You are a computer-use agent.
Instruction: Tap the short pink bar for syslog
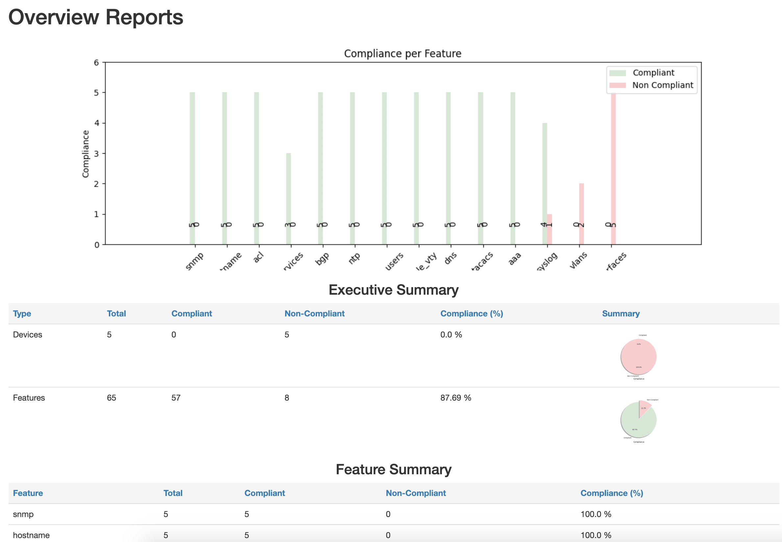point(550,229)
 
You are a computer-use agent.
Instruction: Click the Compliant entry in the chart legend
point(653,73)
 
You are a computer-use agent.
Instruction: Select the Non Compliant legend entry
point(662,85)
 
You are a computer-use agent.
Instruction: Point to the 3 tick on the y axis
point(97,154)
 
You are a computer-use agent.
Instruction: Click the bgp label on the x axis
point(322,259)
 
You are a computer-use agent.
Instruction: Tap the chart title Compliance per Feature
point(403,54)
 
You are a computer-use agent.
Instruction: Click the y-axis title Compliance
point(86,154)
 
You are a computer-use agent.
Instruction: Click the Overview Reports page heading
point(96,17)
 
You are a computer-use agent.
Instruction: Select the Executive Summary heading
point(393,290)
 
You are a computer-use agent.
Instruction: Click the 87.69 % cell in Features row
point(455,398)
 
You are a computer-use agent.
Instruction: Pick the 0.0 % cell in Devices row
point(451,334)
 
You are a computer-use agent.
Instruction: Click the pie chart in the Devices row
point(638,357)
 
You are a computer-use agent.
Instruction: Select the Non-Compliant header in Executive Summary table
point(314,313)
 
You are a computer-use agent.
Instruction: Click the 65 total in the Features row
point(111,398)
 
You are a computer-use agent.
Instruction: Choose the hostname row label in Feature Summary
point(31,535)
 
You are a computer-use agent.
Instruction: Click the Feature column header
point(28,493)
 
